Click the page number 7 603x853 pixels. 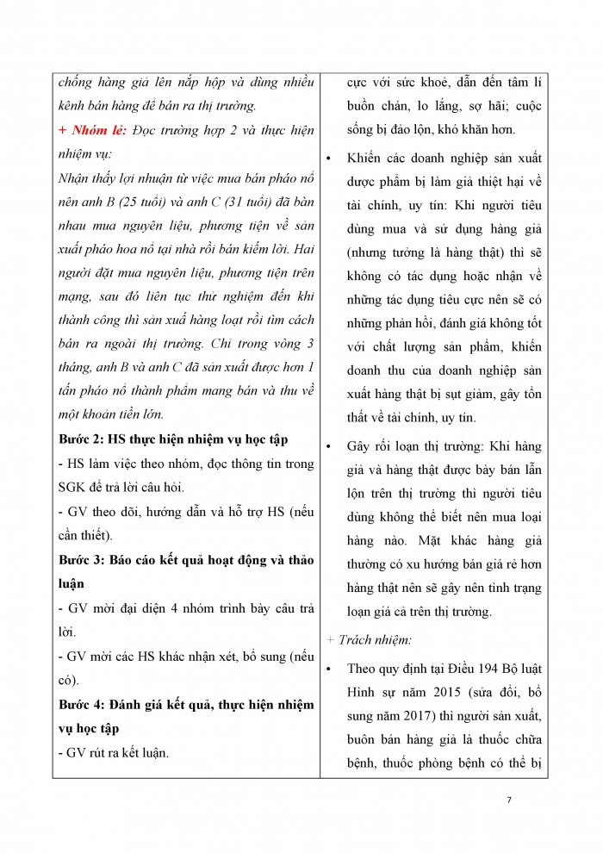tap(509, 800)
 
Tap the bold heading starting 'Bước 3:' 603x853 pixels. tap(186, 559)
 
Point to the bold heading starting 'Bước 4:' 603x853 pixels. tap(186, 704)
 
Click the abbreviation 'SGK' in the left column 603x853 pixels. tap(73, 487)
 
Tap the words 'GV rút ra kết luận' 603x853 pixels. tap(117, 752)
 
